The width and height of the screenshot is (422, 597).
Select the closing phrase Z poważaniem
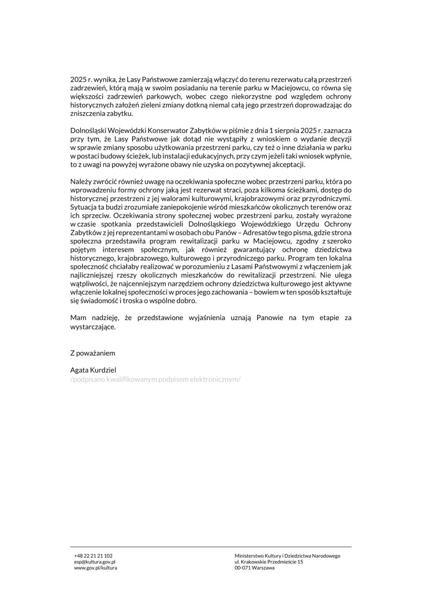(x=93, y=353)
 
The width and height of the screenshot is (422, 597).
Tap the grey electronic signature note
(x=155, y=379)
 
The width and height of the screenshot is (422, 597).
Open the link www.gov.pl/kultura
(x=95, y=568)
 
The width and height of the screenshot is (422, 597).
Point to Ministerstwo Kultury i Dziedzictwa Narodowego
(x=287, y=556)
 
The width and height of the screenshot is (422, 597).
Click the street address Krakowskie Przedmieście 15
(x=272, y=562)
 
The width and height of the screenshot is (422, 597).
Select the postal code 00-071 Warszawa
(x=255, y=568)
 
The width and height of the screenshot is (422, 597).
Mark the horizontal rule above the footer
(x=211, y=547)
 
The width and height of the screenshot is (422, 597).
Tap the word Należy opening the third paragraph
(x=80, y=182)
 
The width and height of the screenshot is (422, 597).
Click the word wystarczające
(x=93, y=328)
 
